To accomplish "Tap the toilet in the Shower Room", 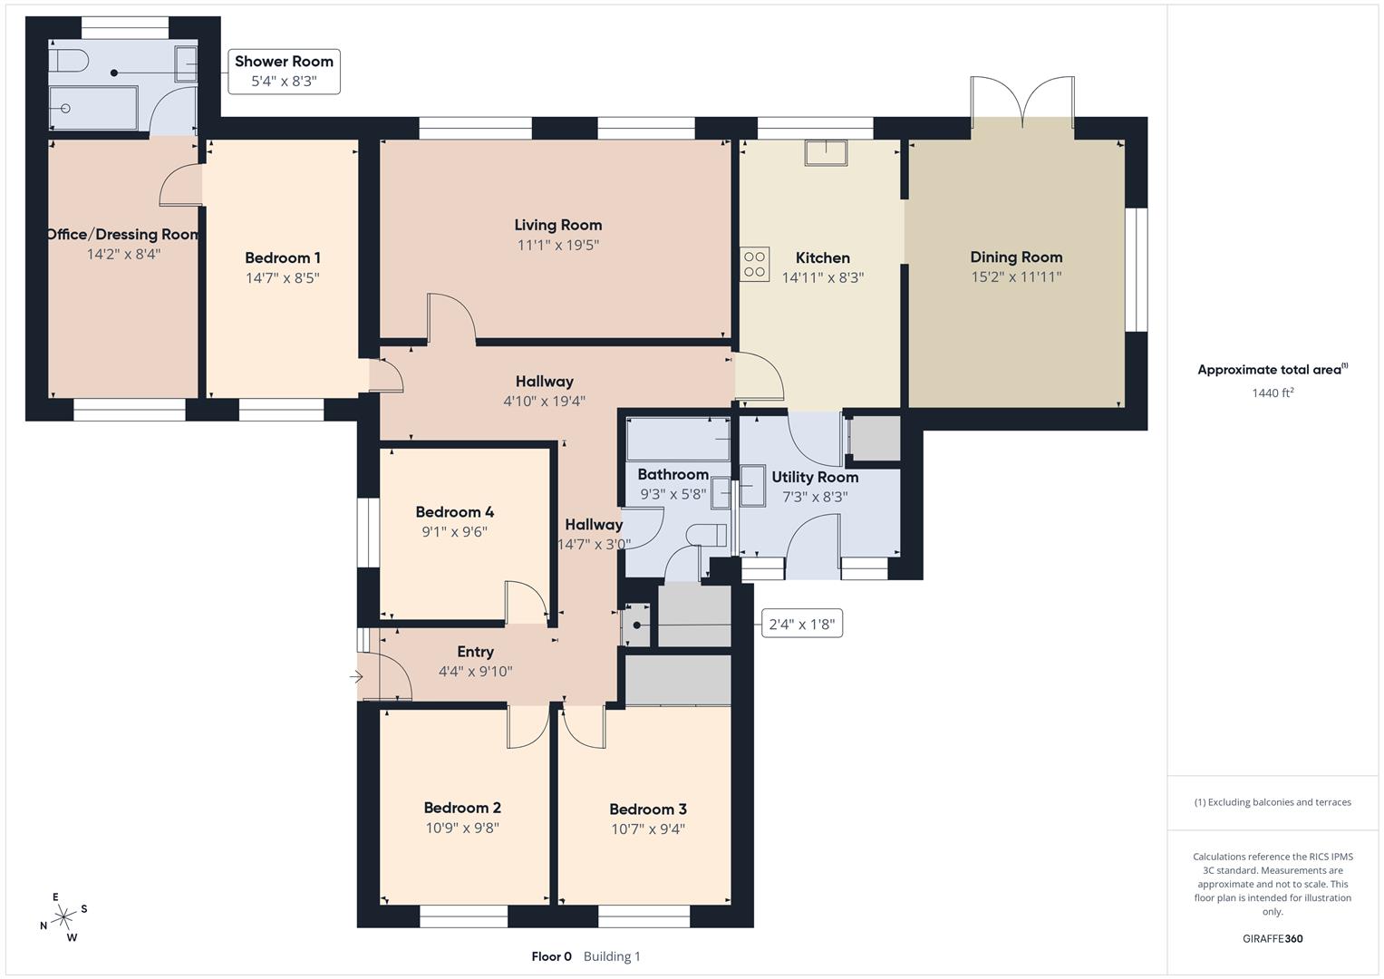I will coord(67,61).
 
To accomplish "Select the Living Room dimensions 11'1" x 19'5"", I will coord(557,245).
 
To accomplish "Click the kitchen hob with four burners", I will coord(755,264).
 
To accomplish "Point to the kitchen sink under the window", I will coord(825,152).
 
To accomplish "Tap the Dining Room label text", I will coord(1015,257).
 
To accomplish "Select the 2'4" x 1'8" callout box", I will coord(801,624).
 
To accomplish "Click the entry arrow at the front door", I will coord(355,676).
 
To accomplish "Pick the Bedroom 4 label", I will coord(454,512).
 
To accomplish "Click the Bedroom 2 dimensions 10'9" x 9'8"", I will coord(462,828).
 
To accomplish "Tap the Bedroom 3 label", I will coord(647,809).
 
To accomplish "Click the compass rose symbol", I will coord(63,918).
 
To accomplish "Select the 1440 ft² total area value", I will coord(1272,393).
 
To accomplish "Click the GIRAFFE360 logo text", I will coord(1272,938).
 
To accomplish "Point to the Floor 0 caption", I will coord(551,956).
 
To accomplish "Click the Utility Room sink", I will coord(752,486).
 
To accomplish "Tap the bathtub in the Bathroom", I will coord(678,439).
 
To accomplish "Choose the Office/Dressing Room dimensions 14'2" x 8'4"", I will coord(123,255).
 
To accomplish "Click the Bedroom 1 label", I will coord(282,258).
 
